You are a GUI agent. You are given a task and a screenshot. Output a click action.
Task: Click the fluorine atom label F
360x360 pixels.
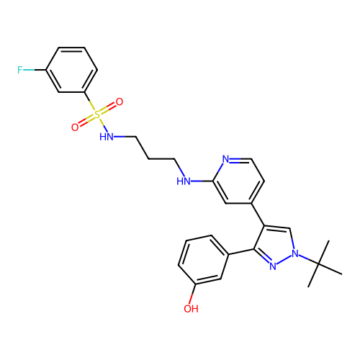tap(20, 70)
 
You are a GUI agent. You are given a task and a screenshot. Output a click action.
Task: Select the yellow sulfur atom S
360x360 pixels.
tap(97, 114)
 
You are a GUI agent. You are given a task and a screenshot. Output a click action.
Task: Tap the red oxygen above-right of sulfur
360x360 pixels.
tap(120, 102)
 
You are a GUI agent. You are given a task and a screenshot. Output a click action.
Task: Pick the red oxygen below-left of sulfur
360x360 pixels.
tap(75, 127)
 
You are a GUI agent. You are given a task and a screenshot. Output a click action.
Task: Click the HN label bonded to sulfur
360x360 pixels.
tap(107, 137)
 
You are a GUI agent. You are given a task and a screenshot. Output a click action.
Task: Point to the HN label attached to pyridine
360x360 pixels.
tap(184, 181)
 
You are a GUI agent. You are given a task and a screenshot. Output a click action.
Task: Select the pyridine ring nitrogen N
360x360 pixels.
tap(225, 159)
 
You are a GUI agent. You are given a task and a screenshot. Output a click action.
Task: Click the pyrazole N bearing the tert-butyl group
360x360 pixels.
tap(295, 253)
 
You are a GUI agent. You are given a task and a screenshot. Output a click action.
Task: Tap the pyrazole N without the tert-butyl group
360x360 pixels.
tap(273, 266)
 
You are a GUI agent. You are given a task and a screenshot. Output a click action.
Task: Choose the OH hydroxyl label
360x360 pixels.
tap(191, 309)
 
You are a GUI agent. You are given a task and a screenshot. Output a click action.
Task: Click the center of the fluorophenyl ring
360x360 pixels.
tap(71, 70)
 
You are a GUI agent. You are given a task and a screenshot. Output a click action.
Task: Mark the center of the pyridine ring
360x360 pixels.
tap(238, 181)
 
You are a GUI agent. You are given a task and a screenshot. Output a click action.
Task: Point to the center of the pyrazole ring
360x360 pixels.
tap(275, 245)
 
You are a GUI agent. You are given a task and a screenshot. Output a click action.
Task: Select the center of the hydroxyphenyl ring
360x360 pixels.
tap(204, 260)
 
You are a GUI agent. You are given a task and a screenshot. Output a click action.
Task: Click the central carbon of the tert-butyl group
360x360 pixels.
tap(318, 264)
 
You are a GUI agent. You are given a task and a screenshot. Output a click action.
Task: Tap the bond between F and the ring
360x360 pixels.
tap(34, 70)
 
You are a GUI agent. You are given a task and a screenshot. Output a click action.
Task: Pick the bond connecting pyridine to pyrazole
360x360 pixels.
tap(258, 215)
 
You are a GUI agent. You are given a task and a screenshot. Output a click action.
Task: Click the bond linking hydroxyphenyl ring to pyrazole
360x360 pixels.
tap(241, 252)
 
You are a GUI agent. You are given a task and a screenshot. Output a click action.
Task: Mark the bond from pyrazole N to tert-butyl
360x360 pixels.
tap(309, 259)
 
